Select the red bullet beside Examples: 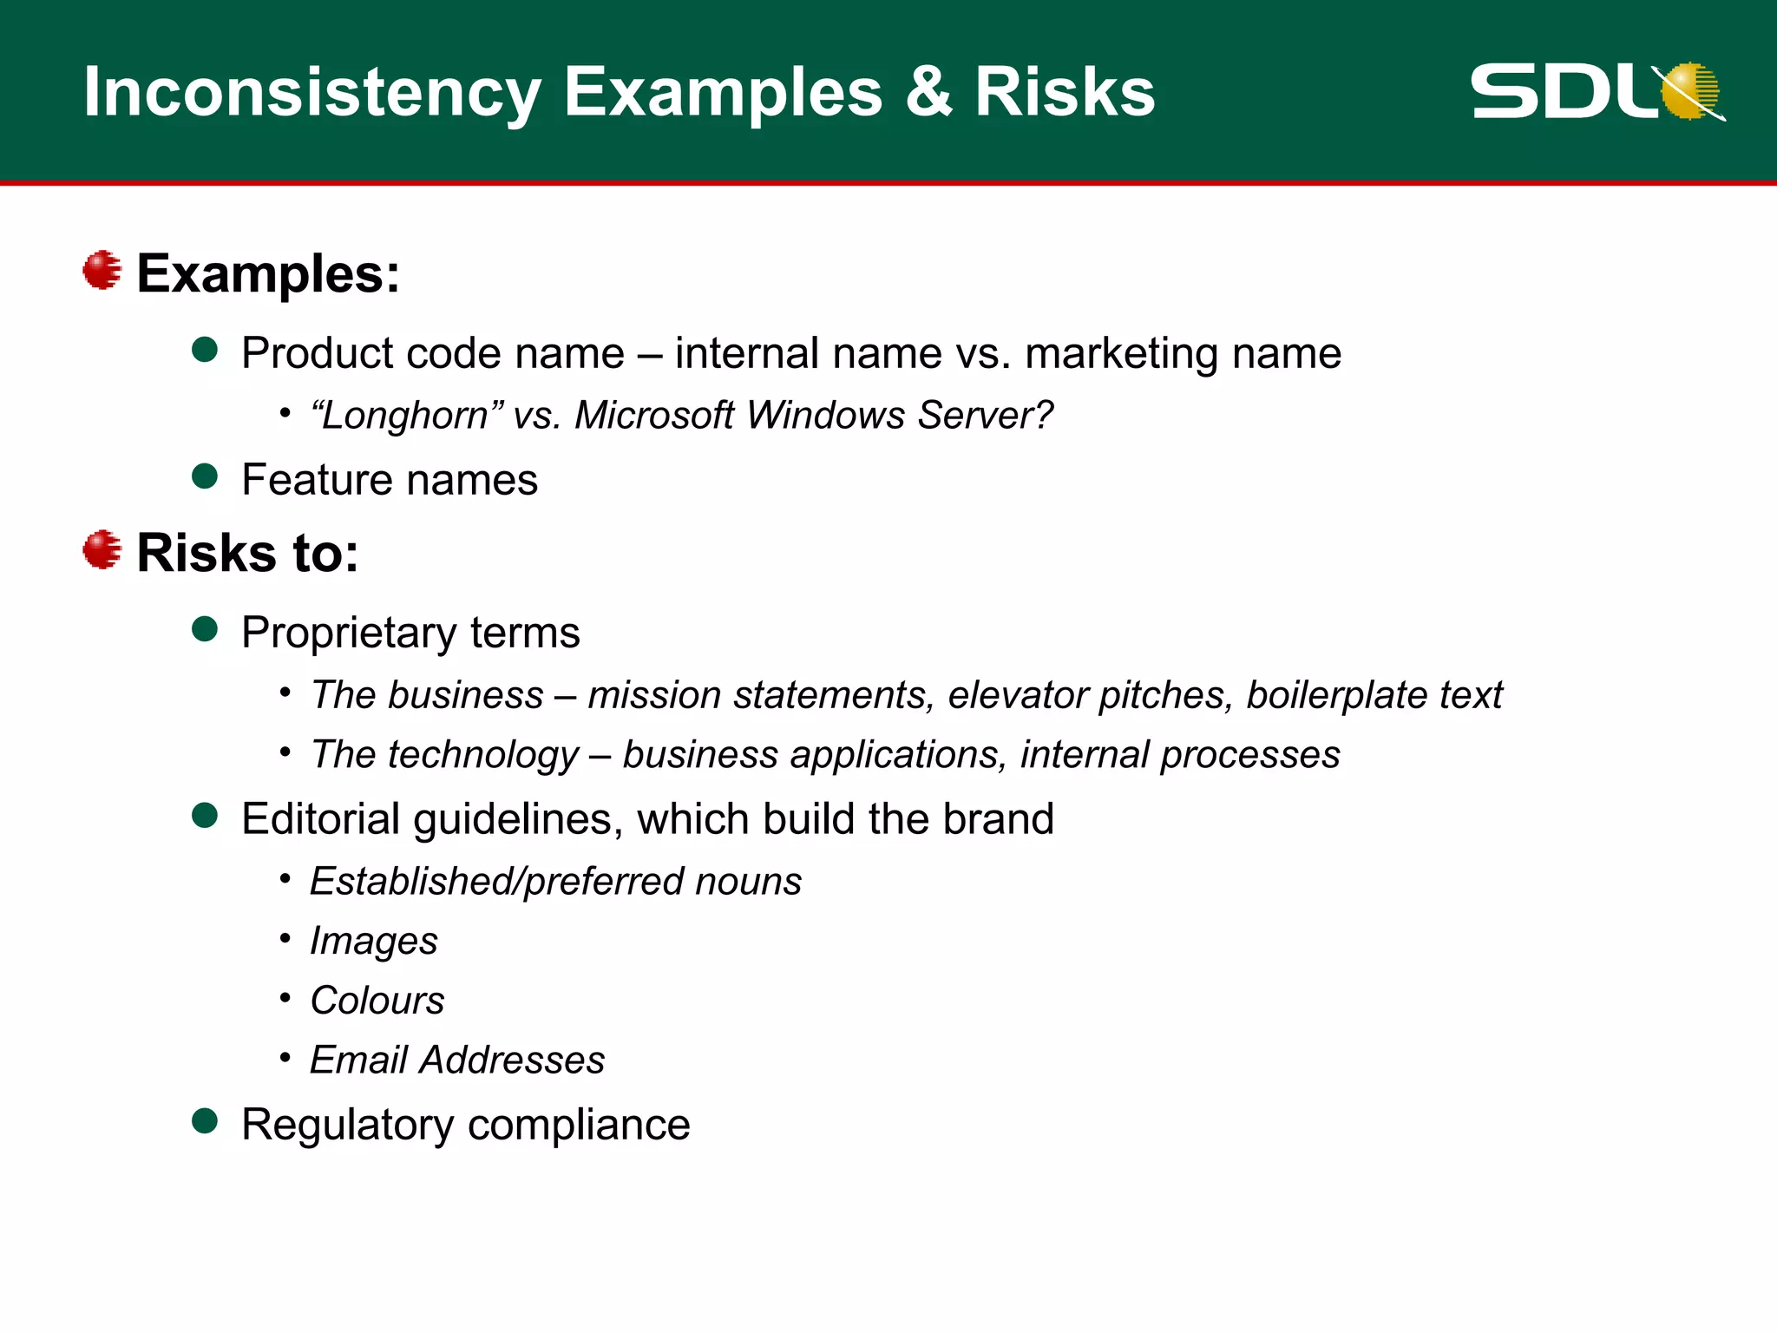click(102, 270)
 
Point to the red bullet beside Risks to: click(102, 549)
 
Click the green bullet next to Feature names click(205, 476)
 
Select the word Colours click(377, 1001)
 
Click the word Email click(358, 1060)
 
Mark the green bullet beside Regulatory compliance click(205, 1121)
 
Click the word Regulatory click(347, 1126)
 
